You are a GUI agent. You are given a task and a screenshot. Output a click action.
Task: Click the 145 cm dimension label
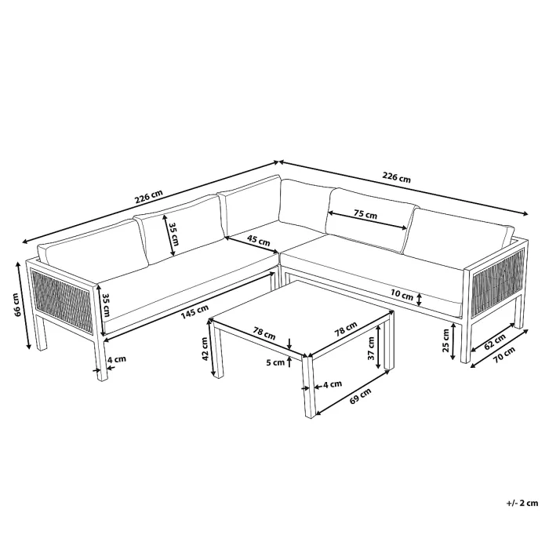pyautogui.click(x=195, y=311)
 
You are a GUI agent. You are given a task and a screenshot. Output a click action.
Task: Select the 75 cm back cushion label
pyautogui.click(x=365, y=214)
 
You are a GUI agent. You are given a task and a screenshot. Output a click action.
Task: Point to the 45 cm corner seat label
pyautogui.click(x=258, y=240)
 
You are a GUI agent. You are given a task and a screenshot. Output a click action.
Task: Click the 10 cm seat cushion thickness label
pyautogui.click(x=402, y=296)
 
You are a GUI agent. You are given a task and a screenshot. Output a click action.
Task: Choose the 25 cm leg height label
pyautogui.click(x=445, y=340)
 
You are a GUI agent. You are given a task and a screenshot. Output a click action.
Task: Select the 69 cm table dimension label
pyautogui.click(x=360, y=396)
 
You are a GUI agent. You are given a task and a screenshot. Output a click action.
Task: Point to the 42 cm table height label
pyautogui.click(x=205, y=348)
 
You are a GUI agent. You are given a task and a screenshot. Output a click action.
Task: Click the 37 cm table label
pyautogui.click(x=371, y=348)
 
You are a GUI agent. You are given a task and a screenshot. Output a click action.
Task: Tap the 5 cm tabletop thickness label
pyautogui.click(x=275, y=362)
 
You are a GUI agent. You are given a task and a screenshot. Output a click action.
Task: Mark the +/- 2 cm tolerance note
pyautogui.click(x=522, y=504)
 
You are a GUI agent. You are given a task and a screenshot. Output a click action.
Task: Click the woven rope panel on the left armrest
pyautogui.click(x=62, y=300)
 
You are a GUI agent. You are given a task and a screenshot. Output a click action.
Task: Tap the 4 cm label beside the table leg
pyautogui.click(x=332, y=384)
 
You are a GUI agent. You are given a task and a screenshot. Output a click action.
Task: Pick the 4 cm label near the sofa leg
pyautogui.click(x=116, y=359)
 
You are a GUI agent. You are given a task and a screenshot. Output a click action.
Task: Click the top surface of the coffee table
pyautogui.click(x=301, y=317)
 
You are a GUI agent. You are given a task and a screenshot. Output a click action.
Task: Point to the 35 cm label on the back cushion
pyautogui.click(x=174, y=235)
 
